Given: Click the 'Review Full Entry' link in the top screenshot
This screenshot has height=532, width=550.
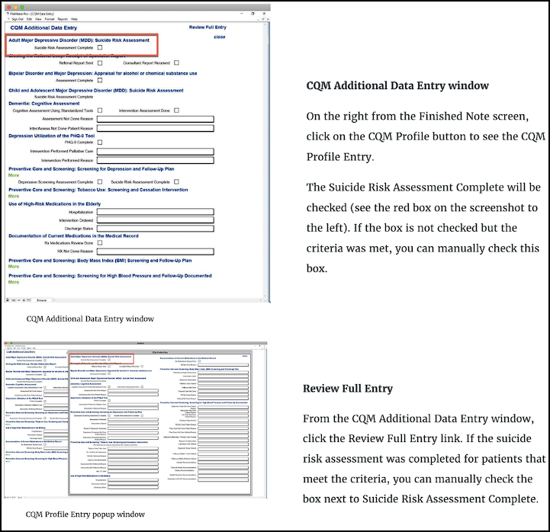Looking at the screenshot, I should point(207,27).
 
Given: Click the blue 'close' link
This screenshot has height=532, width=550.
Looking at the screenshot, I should point(220,37).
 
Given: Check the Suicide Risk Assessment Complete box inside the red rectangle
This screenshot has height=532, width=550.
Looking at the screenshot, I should point(100,47).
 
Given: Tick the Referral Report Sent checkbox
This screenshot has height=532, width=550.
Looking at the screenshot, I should point(100,62).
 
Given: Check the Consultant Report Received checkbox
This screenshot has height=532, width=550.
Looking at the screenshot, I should point(176,62).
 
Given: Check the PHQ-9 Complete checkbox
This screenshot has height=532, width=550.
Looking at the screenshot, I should point(100,143).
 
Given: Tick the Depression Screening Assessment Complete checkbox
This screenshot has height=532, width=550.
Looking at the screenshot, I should point(100,182).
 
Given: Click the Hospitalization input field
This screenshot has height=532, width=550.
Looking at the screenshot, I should point(160,213).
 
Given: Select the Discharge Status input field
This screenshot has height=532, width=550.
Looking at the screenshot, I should point(160,229).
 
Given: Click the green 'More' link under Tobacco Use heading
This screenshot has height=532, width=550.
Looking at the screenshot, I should point(13,197).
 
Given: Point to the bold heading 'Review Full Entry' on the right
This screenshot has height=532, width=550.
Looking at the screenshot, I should point(347,389).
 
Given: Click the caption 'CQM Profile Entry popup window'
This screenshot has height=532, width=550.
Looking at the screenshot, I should point(85,514).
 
